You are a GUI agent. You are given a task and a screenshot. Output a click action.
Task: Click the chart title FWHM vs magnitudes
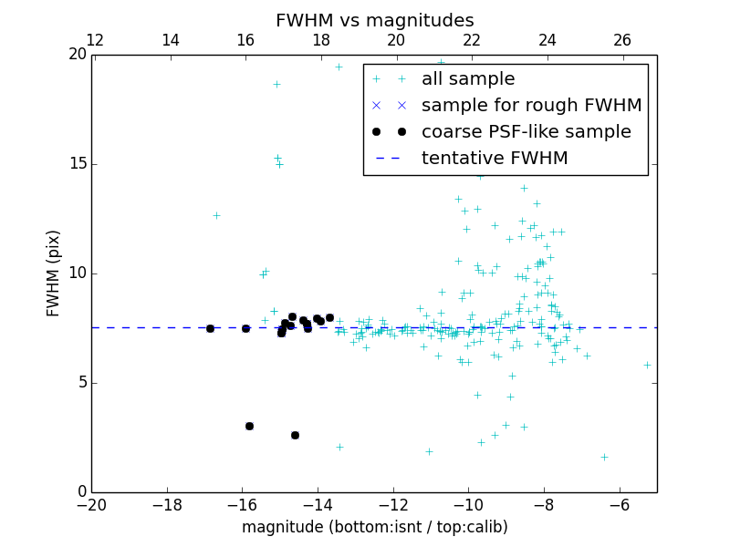[x=374, y=20]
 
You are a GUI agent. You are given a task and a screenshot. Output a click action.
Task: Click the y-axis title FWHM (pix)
[x=54, y=273]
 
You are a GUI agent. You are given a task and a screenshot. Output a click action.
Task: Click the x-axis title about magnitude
[x=374, y=527]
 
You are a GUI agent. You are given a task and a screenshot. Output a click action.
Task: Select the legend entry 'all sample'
[x=468, y=79]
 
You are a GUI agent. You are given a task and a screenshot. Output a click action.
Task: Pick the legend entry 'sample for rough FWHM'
[x=531, y=106]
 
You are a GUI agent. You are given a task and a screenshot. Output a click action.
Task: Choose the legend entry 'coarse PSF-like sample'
[x=526, y=132]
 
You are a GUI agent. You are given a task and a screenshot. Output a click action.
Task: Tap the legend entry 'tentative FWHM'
[x=495, y=159]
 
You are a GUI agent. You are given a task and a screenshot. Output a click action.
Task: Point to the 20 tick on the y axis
[x=77, y=55]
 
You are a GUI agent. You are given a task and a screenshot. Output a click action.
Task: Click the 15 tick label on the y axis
[x=77, y=164]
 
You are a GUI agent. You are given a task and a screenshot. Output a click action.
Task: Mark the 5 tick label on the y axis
[x=81, y=383]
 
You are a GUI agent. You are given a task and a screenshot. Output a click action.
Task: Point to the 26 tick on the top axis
[x=622, y=40]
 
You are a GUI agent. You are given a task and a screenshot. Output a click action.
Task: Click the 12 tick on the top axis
[x=94, y=40]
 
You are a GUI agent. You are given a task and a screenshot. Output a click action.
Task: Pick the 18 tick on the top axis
[x=320, y=40]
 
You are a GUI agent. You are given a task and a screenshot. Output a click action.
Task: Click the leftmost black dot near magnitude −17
[x=210, y=328]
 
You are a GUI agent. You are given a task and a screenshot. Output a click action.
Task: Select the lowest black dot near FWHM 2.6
[x=295, y=435]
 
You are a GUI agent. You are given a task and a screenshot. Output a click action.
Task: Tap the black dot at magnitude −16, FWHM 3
[x=249, y=426]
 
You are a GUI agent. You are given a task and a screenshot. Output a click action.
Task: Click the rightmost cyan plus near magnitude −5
[x=647, y=365]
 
